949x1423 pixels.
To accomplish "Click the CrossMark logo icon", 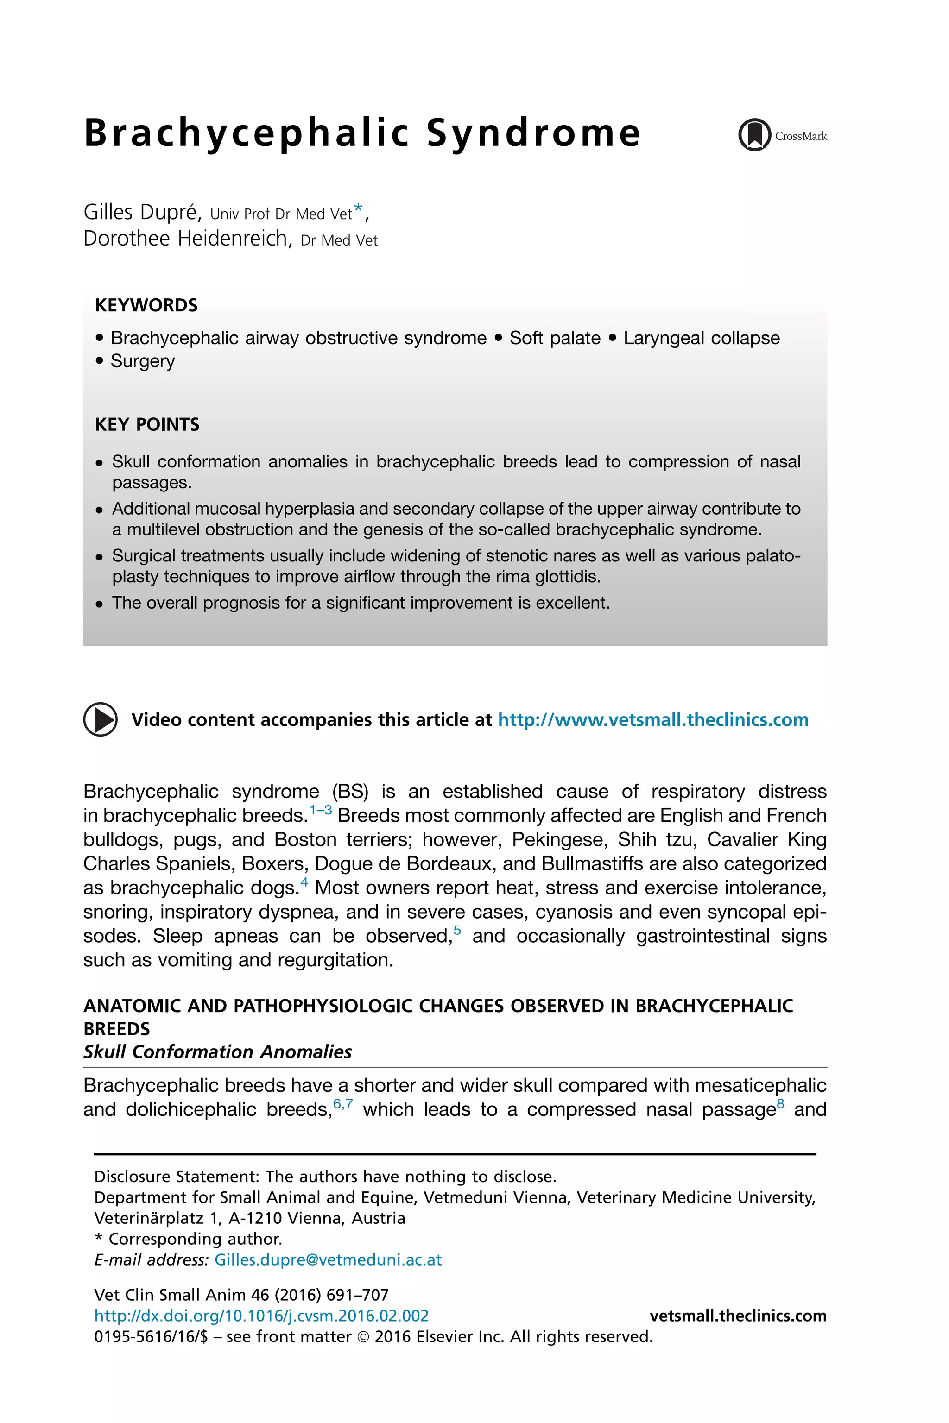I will [x=754, y=134].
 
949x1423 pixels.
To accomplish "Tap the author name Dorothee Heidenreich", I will [x=186, y=239].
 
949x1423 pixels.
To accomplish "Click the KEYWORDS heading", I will [x=146, y=305].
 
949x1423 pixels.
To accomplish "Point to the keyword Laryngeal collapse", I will [x=702, y=338].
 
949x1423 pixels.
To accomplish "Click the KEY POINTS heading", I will [x=147, y=424].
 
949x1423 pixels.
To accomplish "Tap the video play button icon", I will [x=100, y=719].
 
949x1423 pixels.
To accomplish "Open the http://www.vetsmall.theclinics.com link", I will [x=652, y=719].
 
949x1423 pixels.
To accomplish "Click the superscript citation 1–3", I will [x=320, y=810].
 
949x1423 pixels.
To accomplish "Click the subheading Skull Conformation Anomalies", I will [x=217, y=1052].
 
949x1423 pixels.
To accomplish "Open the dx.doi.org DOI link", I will [x=261, y=1316].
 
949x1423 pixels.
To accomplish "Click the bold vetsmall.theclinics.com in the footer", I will [x=737, y=1316].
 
